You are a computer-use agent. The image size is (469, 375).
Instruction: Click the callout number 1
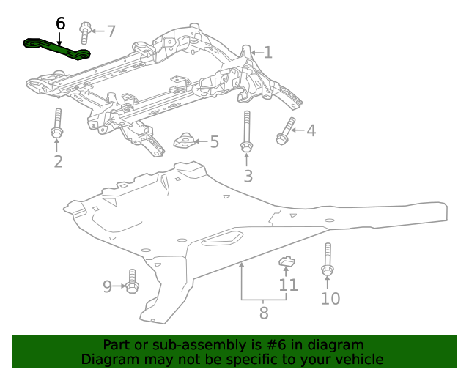click(x=268, y=52)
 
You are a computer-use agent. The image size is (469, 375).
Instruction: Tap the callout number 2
click(x=58, y=161)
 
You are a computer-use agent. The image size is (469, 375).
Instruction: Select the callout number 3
click(x=248, y=176)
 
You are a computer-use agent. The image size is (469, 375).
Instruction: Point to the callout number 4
click(x=311, y=130)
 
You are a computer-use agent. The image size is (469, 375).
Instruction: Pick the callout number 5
click(x=214, y=141)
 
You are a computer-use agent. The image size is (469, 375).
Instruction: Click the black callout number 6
click(x=60, y=23)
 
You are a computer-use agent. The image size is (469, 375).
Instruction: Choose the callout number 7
click(x=111, y=31)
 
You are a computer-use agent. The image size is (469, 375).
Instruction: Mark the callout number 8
click(x=264, y=313)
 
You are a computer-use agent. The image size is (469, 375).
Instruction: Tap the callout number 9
click(x=107, y=286)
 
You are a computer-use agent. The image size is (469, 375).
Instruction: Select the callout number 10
click(x=330, y=298)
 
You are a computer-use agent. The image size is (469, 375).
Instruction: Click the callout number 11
click(x=288, y=284)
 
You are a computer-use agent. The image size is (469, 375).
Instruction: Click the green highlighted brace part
click(x=57, y=48)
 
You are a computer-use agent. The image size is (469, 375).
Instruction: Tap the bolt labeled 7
click(x=85, y=32)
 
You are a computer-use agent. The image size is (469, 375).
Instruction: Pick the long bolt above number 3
click(x=247, y=133)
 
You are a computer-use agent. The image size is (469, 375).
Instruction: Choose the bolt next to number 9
click(x=132, y=281)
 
